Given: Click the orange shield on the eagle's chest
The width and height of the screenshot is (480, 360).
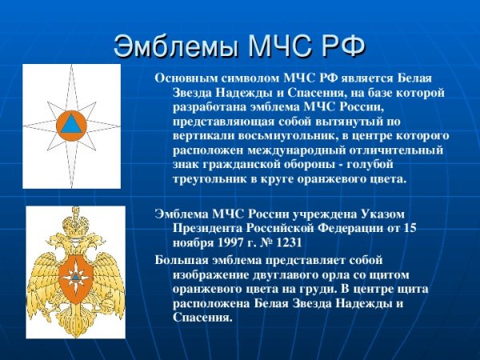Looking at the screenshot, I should click(75, 276).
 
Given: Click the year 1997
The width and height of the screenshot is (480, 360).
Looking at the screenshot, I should click(232, 242).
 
